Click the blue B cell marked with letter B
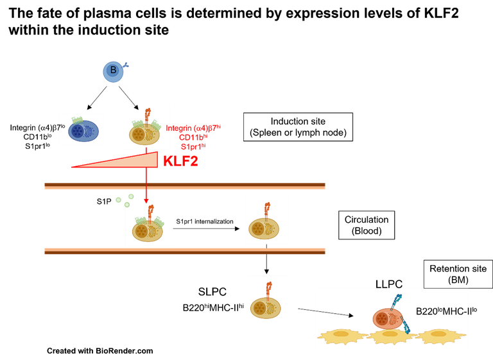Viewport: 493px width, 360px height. click(x=114, y=71)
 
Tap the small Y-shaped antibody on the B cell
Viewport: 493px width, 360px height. click(x=125, y=65)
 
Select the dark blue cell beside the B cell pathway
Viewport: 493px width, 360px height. click(x=81, y=130)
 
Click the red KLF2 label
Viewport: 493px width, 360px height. click(x=180, y=161)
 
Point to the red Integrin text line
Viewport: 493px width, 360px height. click(x=194, y=128)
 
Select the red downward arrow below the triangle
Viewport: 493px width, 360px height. click(x=146, y=186)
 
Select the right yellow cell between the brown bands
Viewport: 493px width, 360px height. click(x=265, y=227)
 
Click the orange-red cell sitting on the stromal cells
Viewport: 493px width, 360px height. click(x=388, y=319)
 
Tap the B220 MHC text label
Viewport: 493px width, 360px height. click(x=443, y=312)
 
